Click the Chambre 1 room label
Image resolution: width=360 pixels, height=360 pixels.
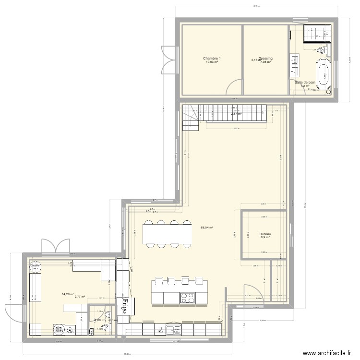pyautogui.click(x=211, y=58)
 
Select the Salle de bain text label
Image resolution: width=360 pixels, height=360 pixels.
pyautogui.click(x=305, y=83)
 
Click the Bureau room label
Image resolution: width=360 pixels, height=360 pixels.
pyautogui.click(x=265, y=233)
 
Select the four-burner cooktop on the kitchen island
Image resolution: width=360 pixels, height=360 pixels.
pyautogui.click(x=187, y=298)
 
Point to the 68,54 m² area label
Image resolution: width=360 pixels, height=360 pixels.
pyautogui.click(x=206, y=228)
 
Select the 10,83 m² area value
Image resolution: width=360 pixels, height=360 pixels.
pyautogui.click(x=211, y=62)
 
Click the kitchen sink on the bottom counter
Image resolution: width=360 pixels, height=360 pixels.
pyautogui.click(x=171, y=329)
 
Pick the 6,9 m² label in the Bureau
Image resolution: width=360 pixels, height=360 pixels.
pyautogui.click(x=265, y=237)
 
